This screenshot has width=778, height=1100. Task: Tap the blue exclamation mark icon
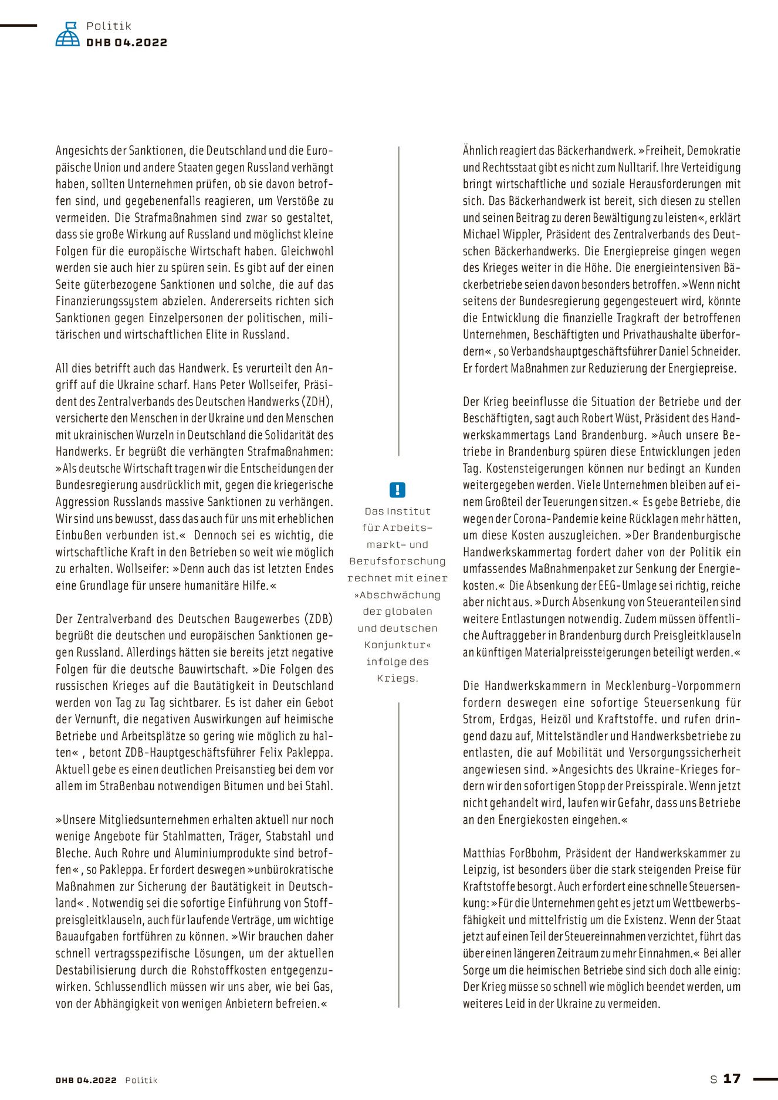tap(397, 490)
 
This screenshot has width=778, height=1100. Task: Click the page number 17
tap(732, 1078)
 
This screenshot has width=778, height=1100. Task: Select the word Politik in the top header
tap(109, 26)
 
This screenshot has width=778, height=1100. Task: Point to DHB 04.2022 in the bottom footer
tap(86, 1080)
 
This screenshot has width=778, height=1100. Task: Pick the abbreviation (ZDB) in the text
tap(318, 619)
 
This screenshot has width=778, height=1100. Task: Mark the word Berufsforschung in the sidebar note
tap(397, 561)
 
